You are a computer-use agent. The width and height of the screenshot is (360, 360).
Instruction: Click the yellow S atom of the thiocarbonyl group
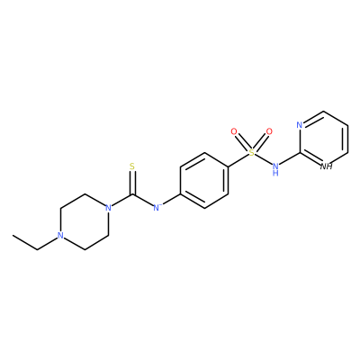tap(132, 166)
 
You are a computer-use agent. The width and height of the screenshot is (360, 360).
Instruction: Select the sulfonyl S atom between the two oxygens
tap(252, 153)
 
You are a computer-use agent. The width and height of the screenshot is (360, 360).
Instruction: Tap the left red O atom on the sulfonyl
tap(234, 131)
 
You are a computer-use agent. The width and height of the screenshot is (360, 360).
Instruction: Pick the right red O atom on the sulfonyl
tap(269, 131)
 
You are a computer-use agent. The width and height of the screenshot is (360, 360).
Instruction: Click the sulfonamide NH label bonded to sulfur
tap(275, 169)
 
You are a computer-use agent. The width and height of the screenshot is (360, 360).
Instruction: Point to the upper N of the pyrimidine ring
tap(300, 125)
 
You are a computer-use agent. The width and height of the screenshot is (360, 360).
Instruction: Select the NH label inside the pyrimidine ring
tap(327, 166)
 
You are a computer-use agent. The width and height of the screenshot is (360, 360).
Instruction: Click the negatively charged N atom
tap(157, 208)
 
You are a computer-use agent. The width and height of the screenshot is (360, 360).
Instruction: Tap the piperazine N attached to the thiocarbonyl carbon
tap(108, 208)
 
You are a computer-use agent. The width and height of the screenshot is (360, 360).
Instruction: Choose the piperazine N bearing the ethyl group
tap(60, 236)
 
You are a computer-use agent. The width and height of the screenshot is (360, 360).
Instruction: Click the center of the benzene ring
tap(204, 180)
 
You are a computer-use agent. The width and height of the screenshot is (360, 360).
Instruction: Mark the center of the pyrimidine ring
tap(324, 139)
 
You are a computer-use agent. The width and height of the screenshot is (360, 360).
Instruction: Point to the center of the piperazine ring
tap(85, 221)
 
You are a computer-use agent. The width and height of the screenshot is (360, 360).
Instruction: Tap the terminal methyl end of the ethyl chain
tap(13, 236)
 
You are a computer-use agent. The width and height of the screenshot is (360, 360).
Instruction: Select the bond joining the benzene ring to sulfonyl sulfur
tap(238, 160)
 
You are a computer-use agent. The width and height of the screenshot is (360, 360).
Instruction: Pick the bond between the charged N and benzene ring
tap(171, 200)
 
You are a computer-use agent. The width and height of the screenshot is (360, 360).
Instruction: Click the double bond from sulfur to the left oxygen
tap(243, 142)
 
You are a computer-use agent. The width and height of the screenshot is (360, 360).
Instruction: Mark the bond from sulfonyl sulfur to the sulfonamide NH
tap(263, 159)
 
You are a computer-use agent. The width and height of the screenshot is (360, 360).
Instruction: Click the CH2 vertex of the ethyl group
tap(37, 249)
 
